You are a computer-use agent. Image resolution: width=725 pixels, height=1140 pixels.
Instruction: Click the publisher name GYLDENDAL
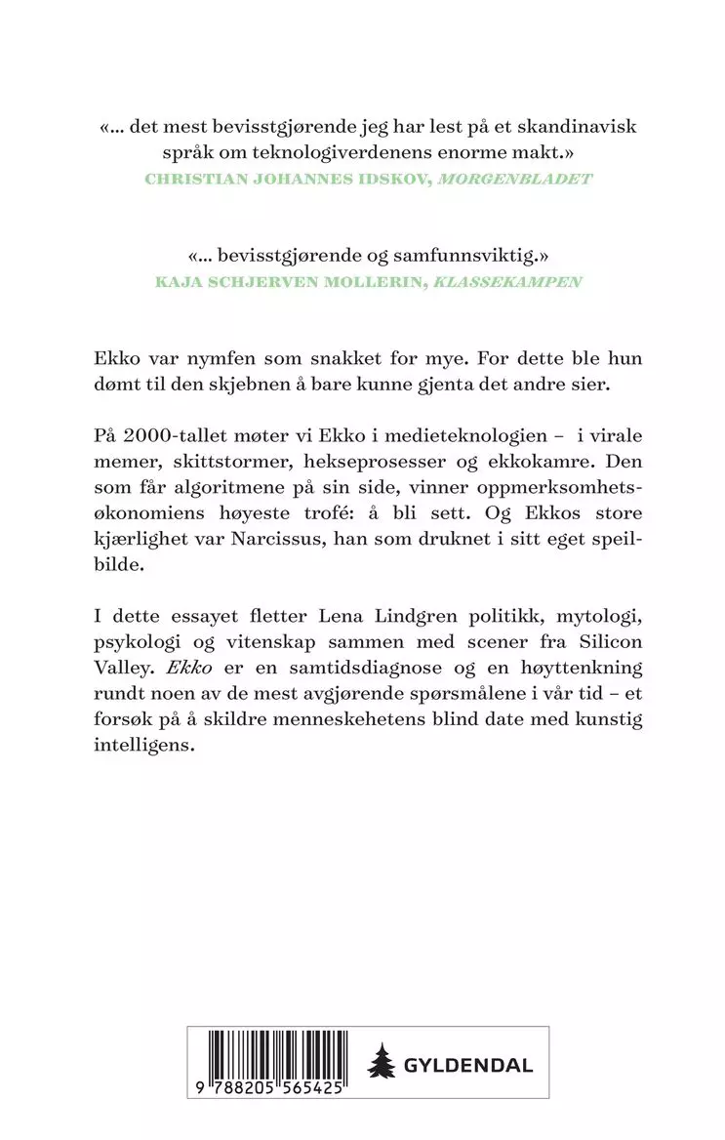470,1064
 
